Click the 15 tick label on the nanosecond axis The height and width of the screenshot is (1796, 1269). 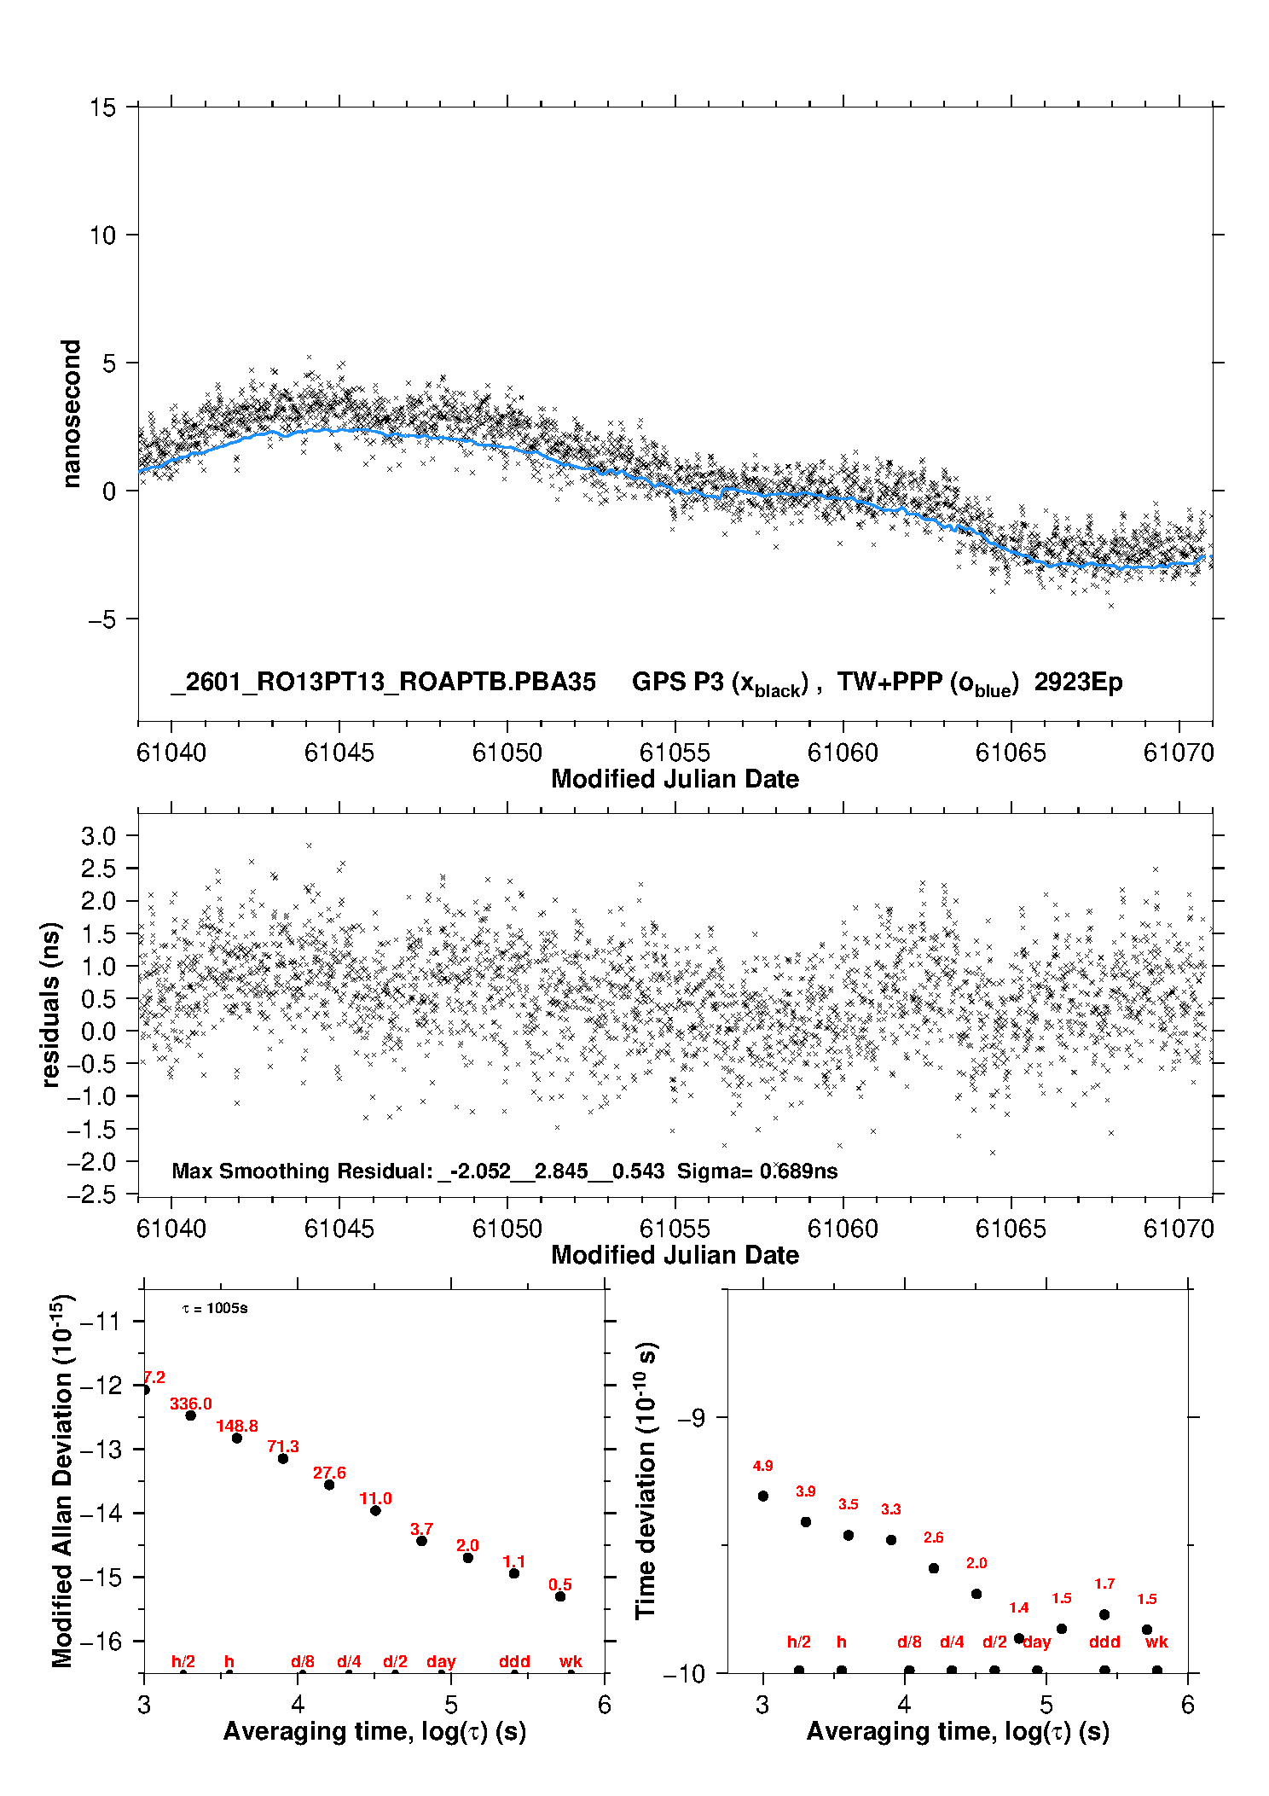[x=102, y=108]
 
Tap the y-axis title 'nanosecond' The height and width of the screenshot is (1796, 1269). [x=71, y=414]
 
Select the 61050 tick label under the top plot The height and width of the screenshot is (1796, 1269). [x=507, y=753]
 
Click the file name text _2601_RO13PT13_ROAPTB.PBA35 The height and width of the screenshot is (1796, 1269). [x=383, y=682]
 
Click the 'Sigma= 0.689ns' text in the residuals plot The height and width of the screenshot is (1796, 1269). [x=757, y=1171]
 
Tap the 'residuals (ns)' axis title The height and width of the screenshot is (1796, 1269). [x=50, y=1004]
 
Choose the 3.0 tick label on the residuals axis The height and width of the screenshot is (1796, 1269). [x=98, y=836]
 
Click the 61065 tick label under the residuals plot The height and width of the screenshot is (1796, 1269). [x=1011, y=1229]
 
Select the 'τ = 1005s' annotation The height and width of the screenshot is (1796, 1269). [x=215, y=1308]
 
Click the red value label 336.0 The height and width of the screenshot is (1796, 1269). [x=190, y=1404]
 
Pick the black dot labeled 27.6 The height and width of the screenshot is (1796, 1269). [x=329, y=1485]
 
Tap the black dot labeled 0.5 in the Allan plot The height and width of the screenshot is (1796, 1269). [x=560, y=1596]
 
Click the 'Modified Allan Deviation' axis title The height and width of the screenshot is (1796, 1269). [x=62, y=1480]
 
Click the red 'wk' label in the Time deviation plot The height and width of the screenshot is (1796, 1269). [x=1156, y=1642]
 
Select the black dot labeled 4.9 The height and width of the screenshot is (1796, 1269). [x=763, y=1496]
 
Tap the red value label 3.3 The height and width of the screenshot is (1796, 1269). [x=890, y=1509]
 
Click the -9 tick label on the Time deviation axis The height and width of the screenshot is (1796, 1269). [x=691, y=1418]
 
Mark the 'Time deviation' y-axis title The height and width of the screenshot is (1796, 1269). [x=646, y=1480]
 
